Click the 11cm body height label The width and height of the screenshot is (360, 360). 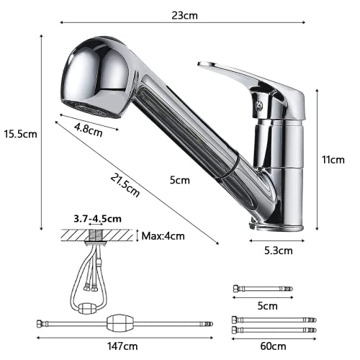click(334, 159)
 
